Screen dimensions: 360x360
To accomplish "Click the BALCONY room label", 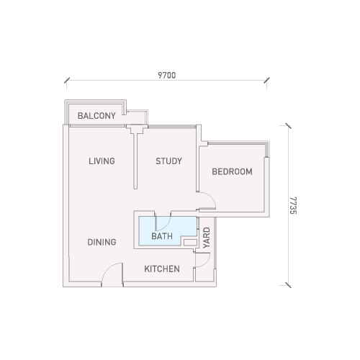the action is click(96, 116).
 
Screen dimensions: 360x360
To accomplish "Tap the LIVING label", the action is click(102, 161).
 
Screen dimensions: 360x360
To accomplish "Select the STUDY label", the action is click(168, 161).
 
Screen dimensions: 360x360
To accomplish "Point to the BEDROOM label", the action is click(232, 171).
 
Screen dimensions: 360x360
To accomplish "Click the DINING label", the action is click(102, 242).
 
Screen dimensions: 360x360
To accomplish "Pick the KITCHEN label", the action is click(162, 269).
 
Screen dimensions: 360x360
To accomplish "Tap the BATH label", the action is click(162, 236).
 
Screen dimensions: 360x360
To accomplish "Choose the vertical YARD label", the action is click(207, 238).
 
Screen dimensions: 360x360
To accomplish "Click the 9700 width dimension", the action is click(167, 76).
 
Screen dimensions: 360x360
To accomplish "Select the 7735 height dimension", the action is click(293, 205).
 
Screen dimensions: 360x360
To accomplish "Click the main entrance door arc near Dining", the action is click(108, 269).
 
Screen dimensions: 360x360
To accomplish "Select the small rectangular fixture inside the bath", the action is click(190, 243).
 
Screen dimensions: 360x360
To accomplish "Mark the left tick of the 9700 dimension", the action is click(67, 80).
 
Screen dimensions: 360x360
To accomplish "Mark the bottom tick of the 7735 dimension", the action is click(288, 285).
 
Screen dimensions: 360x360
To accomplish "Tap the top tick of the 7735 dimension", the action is click(288, 126).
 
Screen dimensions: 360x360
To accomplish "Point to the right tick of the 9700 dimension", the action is click(266, 80).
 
